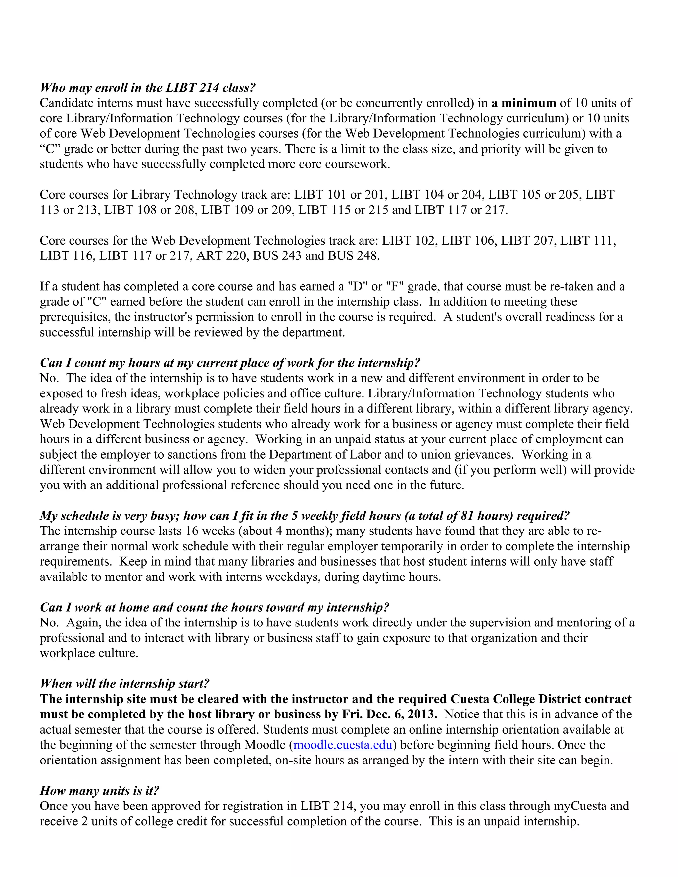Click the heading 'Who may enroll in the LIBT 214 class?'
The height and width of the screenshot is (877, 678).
(x=148, y=88)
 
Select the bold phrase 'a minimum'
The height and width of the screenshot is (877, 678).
(x=523, y=103)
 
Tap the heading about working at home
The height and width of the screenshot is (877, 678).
(x=215, y=607)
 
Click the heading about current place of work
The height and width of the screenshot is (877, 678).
(x=230, y=363)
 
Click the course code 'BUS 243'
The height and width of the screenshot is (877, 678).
(x=277, y=256)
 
